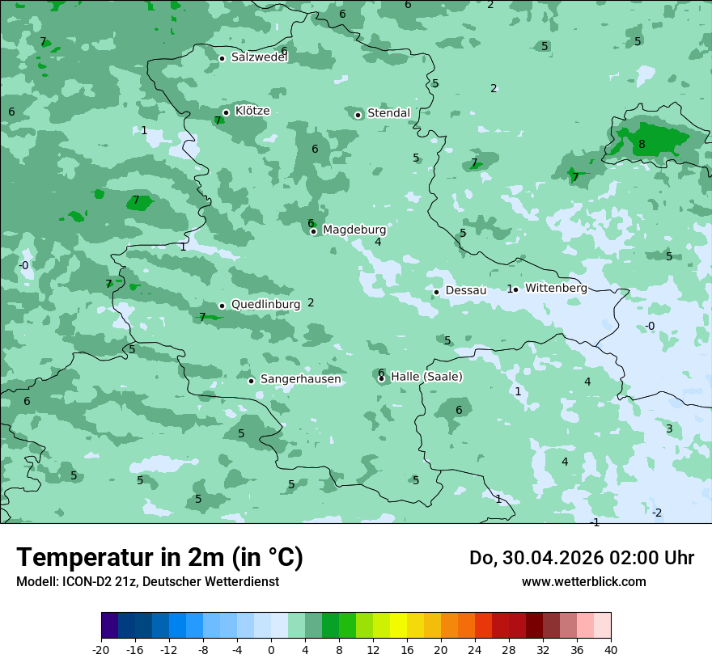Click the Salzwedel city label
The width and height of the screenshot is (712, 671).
coord(259,57)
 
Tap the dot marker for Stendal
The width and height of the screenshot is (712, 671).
coord(358,115)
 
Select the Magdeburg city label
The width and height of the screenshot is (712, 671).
coord(354,230)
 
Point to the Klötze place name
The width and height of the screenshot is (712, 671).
coord(252,112)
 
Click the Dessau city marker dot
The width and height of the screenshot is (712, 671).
coord(436,292)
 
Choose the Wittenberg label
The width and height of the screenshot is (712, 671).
coord(556,288)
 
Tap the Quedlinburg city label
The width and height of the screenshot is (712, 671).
coord(265,305)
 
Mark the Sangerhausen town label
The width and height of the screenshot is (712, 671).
coord(300,379)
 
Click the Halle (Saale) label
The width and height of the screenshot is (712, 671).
coord(426,377)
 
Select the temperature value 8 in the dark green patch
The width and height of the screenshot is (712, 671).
coord(642,145)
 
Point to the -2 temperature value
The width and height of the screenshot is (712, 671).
coord(657,513)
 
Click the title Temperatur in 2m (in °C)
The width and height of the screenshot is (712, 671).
coord(159,558)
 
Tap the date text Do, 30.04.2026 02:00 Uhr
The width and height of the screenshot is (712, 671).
coord(582,558)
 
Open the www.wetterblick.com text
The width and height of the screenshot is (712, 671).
coord(583,582)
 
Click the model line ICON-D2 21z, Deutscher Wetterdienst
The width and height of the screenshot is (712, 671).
coord(147,582)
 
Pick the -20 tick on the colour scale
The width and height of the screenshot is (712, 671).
coord(101,650)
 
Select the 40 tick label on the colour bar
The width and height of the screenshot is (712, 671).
coord(611,650)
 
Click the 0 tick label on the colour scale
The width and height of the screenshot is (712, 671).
coord(271,650)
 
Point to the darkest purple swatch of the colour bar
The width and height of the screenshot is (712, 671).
coord(110,626)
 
